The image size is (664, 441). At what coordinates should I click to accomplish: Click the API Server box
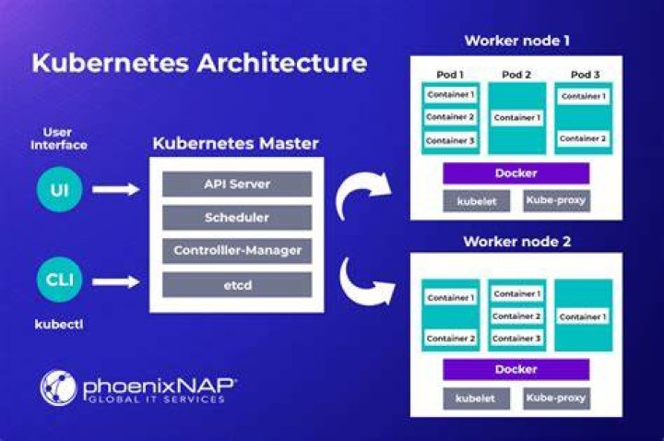[237, 184]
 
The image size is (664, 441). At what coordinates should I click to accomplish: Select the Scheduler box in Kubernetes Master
[237, 218]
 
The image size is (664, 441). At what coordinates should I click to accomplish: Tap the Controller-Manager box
[237, 251]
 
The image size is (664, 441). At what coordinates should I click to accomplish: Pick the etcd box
[237, 285]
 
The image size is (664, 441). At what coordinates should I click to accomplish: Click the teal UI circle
[59, 189]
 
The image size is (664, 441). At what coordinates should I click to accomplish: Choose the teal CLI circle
[59, 280]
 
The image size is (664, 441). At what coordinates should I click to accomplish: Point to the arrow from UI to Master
[116, 189]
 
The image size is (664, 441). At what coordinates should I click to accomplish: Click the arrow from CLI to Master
[116, 281]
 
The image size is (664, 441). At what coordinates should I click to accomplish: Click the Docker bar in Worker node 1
[516, 173]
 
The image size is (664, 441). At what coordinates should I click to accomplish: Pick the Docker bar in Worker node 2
[516, 369]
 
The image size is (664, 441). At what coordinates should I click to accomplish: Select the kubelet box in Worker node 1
[477, 201]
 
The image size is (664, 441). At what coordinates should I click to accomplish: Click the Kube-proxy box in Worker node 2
[556, 399]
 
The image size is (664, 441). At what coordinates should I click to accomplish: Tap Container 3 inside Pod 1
[450, 140]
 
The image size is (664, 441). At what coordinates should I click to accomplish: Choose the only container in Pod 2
[517, 117]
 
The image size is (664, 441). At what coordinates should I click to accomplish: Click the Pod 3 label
[586, 75]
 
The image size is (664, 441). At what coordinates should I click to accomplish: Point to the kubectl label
[59, 325]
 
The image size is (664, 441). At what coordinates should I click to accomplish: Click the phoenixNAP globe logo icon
[58, 388]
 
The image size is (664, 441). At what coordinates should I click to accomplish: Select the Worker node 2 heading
[517, 242]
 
